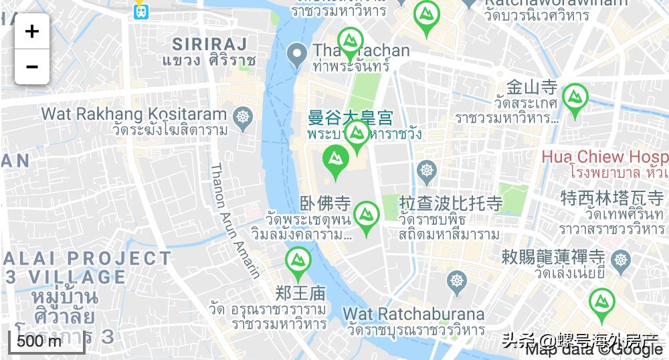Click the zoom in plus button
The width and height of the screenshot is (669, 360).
pyautogui.click(x=32, y=31)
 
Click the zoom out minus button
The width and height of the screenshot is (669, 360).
pyautogui.click(x=32, y=67)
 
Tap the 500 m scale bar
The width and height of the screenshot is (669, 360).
pyautogui.click(x=45, y=341)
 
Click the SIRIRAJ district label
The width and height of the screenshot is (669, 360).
pyautogui.click(x=209, y=44)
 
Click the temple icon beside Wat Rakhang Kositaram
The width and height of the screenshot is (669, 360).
pyautogui.click(x=243, y=116)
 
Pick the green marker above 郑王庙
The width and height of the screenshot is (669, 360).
pyautogui.click(x=298, y=262)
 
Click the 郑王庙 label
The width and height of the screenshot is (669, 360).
pyautogui.click(x=300, y=292)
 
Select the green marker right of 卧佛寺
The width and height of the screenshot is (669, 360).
pyautogui.click(x=366, y=215)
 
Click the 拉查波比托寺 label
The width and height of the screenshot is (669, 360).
pyautogui.click(x=450, y=203)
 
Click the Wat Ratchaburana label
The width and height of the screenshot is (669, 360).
pyautogui.click(x=413, y=313)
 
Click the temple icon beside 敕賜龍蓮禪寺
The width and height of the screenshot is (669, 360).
pyautogui.click(x=622, y=259)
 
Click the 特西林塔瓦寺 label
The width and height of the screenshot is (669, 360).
pyautogui.click(x=611, y=198)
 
